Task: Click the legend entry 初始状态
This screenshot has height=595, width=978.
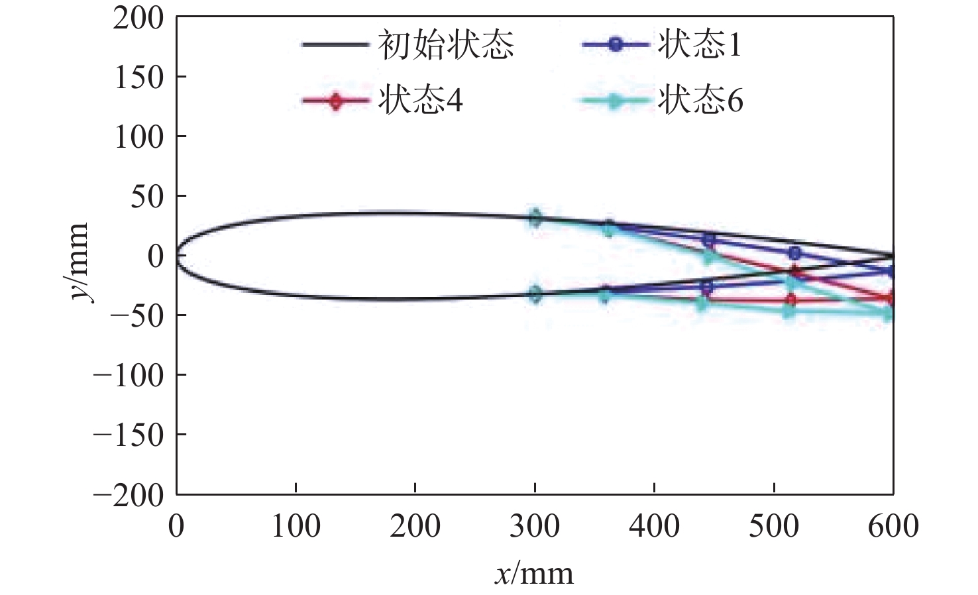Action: [446, 45]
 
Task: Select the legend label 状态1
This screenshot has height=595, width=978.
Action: [699, 45]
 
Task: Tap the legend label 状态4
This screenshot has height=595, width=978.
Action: [420, 101]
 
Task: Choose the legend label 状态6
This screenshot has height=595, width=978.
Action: [700, 101]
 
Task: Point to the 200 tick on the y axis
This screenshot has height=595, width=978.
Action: [138, 18]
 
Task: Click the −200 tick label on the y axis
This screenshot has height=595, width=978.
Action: [129, 495]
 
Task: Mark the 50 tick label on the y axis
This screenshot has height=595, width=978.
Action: [146, 197]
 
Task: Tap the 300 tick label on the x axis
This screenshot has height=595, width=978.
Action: [534, 527]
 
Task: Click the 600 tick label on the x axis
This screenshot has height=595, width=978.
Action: [893, 527]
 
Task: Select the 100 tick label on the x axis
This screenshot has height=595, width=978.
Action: [296, 527]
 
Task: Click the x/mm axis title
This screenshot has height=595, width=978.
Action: [534, 573]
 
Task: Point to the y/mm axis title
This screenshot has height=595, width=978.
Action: [80, 262]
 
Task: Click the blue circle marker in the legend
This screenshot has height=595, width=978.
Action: [616, 45]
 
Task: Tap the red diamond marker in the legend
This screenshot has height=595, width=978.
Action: [336, 101]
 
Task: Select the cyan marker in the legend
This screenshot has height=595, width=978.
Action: [616, 101]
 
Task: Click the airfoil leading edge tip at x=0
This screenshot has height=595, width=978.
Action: [177, 256]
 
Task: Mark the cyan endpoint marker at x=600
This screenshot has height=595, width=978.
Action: [889, 314]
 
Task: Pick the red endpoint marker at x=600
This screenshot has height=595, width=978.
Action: [891, 298]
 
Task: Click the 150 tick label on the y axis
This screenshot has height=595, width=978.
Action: [138, 78]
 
